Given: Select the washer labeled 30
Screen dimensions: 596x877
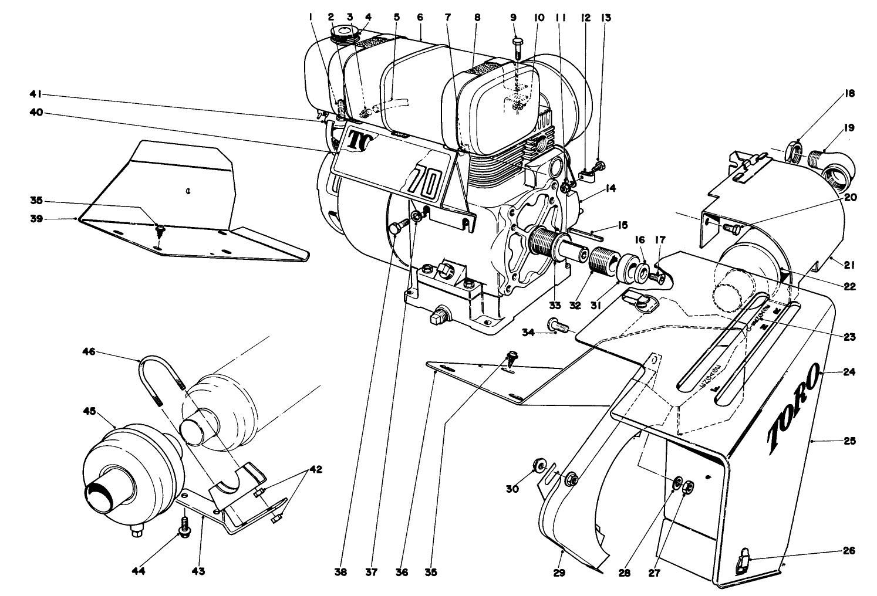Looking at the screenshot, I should (537, 466).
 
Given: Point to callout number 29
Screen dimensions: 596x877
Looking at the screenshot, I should (559, 572).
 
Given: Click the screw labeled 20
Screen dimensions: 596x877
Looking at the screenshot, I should (730, 228).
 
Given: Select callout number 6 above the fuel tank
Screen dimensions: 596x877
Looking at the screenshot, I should (420, 18).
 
